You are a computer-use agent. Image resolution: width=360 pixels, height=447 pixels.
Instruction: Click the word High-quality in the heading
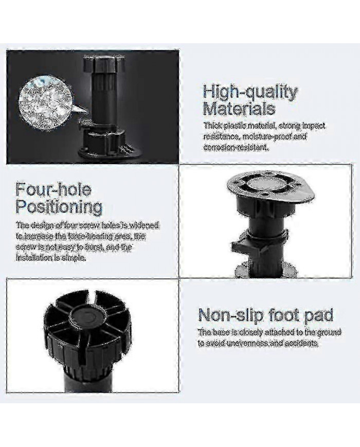tap(250, 93)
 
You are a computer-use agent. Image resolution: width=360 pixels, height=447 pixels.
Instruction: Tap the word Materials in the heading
tap(239, 109)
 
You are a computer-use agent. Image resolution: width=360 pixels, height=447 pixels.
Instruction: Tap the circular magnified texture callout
tap(46, 103)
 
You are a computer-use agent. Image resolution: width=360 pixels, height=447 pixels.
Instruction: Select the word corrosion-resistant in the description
tap(236, 148)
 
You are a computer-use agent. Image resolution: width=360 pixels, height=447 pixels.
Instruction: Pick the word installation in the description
tap(34, 258)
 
